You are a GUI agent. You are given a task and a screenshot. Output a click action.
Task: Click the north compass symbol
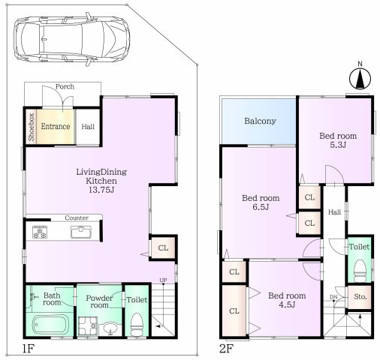(x=360, y=78)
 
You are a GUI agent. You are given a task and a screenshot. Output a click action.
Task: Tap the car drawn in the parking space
(x=72, y=39)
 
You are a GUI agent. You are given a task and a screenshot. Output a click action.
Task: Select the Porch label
(x=65, y=86)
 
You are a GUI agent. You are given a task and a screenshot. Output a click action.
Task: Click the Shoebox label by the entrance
(x=32, y=127)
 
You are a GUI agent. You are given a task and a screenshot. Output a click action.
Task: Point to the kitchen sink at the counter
(x=81, y=232)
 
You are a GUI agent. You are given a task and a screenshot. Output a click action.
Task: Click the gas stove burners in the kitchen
(x=40, y=232)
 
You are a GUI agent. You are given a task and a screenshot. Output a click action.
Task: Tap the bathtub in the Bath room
(x=50, y=325)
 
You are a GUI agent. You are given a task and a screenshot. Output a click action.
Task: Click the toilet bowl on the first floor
(x=137, y=325)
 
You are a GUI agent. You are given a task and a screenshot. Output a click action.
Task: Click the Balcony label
(x=260, y=121)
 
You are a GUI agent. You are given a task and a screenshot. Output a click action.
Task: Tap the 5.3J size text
(x=338, y=145)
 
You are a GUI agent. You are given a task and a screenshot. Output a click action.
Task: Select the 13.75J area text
(x=101, y=190)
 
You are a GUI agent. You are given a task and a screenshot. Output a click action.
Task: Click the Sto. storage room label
(x=360, y=297)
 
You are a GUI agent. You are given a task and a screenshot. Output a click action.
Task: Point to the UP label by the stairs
(x=163, y=280)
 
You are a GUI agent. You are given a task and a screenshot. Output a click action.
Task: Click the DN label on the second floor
(x=333, y=297)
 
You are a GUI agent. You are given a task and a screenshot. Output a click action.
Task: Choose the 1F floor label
(x=28, y=349)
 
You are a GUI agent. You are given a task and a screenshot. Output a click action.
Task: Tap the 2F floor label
(x=227, y=349)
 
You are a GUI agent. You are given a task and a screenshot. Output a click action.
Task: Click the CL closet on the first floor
(x=163, y=248)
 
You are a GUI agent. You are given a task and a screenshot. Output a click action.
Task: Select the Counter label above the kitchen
(x=77, y=218)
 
